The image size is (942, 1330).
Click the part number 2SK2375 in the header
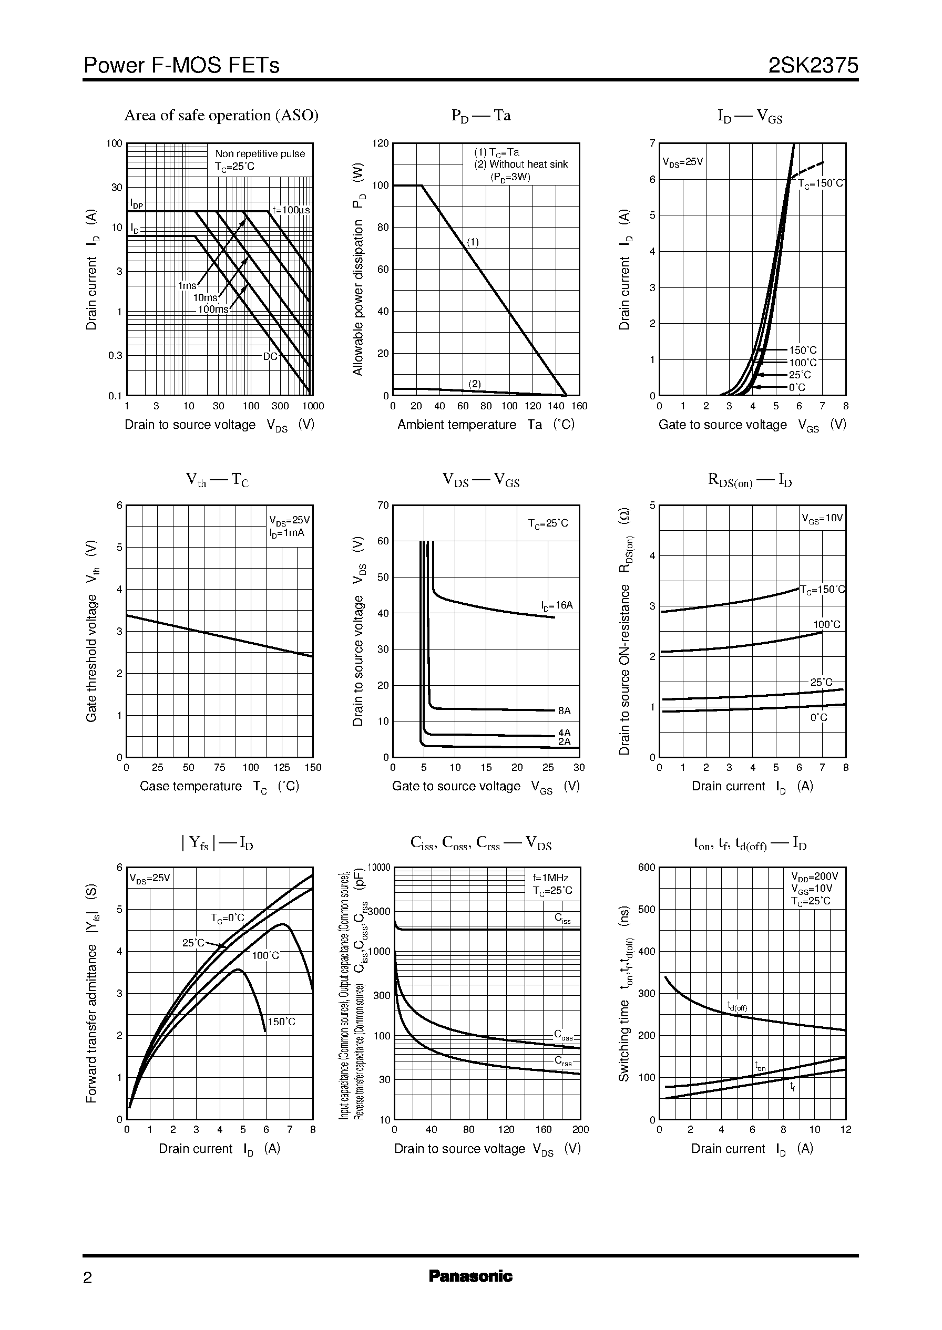[x=813, y=66]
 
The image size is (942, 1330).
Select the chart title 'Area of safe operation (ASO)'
[x=221, y=116]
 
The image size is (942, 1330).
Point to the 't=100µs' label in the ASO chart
[x=291, y=210]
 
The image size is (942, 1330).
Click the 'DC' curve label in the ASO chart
[x=270, y=357]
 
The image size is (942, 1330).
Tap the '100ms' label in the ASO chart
[x=213, y=310]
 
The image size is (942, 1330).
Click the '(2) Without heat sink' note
[x=521, y=164]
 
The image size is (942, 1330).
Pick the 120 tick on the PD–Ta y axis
[x=380, y=143]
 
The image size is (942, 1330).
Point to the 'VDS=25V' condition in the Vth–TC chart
[x=290, y=520]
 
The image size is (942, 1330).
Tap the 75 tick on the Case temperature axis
[x=219, y=768]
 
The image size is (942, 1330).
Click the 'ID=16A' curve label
[x=557, y=606]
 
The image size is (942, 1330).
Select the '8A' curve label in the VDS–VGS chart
[x=564, y=711]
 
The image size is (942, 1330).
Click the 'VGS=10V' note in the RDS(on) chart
[x=822, y=518]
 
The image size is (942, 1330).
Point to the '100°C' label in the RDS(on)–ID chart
[x=826, y=624]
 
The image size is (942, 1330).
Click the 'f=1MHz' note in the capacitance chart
[x=550, y=878]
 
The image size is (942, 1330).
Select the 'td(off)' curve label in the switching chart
[x=737, y=1006]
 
